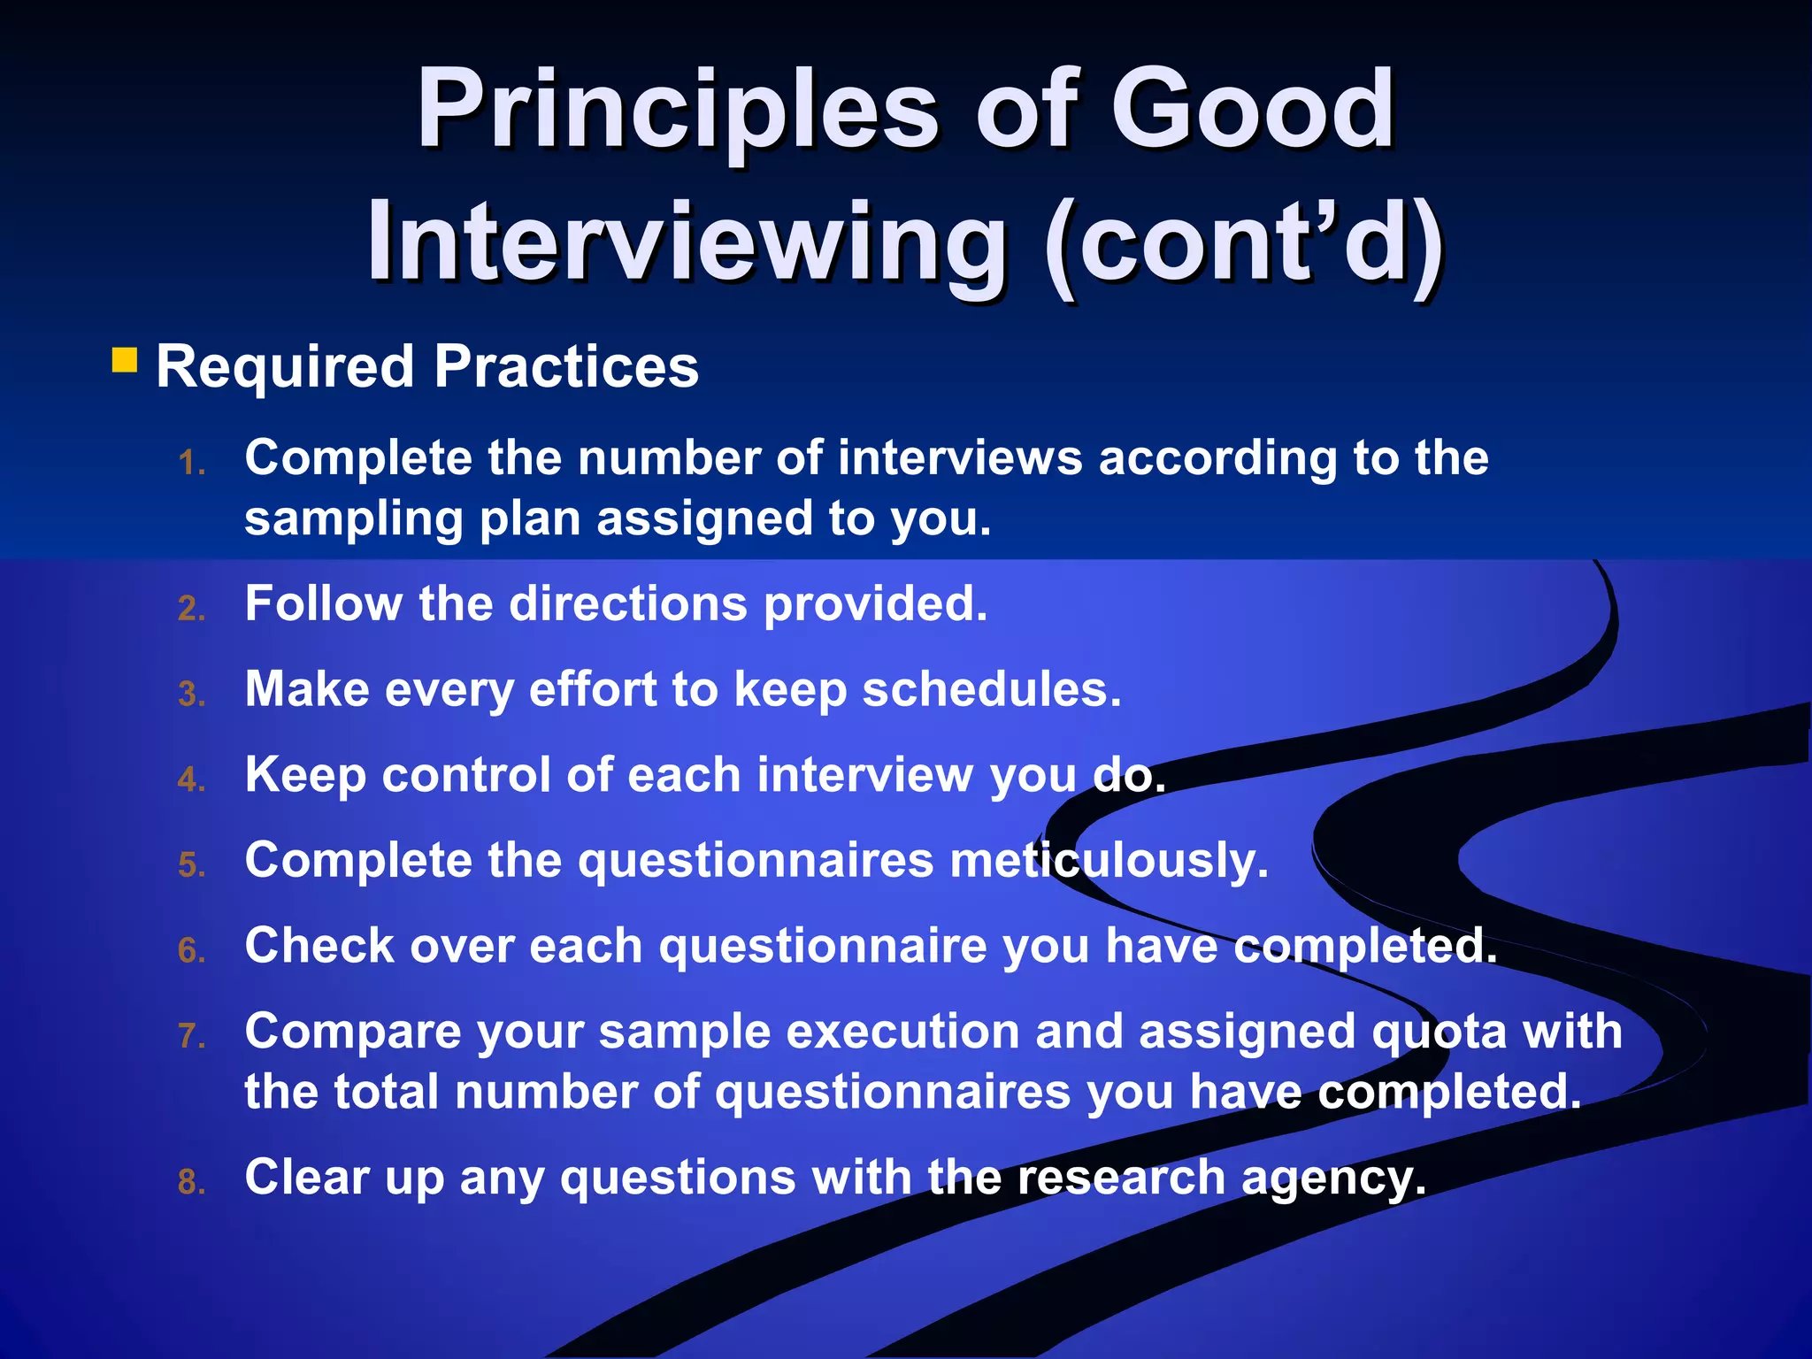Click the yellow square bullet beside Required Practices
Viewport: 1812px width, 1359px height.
(125, 360)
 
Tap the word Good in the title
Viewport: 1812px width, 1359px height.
(1252, 111)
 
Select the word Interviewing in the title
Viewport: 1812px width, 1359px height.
(687, 242)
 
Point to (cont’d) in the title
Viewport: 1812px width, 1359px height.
(1243, 244)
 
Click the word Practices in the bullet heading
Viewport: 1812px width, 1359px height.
(566, 367)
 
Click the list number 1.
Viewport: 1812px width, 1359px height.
(191, 463)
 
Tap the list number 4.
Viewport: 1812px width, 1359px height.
(191, 779)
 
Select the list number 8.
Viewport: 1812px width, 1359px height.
(191, 1182)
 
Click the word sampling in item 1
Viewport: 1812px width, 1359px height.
(353, 520)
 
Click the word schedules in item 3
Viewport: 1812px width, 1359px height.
(991, 690)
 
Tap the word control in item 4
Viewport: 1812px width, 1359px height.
(465, 775)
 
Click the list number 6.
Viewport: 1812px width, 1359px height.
(191, 951)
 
